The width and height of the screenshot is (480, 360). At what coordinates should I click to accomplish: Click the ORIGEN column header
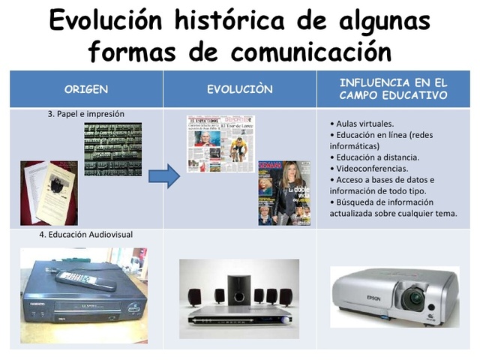[85, 89]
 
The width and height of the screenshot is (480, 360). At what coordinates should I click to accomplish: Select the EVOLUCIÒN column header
[240, 89]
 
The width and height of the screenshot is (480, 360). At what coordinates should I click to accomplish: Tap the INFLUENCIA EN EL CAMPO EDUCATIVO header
[393, 88]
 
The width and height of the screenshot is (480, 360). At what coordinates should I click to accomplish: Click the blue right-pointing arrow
[163, 177]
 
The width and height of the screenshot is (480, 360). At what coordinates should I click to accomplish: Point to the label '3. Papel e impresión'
[85, 114]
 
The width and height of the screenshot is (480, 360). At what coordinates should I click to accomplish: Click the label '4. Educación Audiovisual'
[85, 235]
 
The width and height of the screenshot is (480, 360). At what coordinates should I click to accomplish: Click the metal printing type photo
[112, 149]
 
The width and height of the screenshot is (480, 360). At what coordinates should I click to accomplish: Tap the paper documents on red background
[49, 191]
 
